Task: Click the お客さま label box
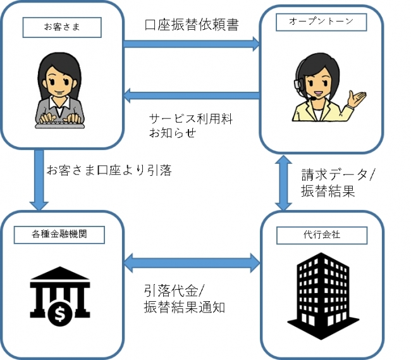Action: pos(62,27)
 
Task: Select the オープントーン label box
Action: pos(321,22)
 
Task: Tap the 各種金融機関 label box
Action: pos(59,235)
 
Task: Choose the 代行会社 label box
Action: pos(322,235)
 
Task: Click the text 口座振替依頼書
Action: pos(192,25)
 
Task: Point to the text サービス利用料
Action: pos(191,119)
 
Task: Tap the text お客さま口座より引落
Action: pos(109,170)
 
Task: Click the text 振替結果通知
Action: pos(185,307)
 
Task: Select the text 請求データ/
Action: pos(339,175)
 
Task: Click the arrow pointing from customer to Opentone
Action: pos(192,44)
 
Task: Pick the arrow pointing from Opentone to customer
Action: pos(192,96)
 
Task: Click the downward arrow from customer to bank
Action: pos(39,180)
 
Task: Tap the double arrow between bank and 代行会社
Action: pos(192,263)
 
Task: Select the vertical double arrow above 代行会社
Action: pos(283,183)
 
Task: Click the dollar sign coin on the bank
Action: pos(60,313)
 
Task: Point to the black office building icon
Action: pos(323,295)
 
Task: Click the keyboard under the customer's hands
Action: pos(60,126)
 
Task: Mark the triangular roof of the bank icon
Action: pos(60,273)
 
